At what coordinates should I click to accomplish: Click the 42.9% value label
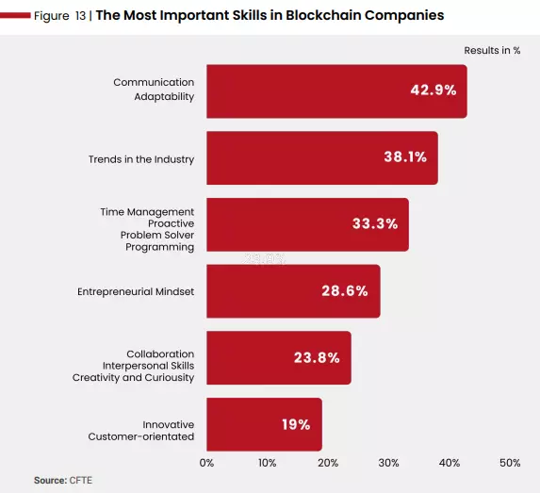[x=434, y=90]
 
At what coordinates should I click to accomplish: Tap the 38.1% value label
[x=405, y=157]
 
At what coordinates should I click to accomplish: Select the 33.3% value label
[x=375, y=223]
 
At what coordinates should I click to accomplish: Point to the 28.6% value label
[x=345, y=290]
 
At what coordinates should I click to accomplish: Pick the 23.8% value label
[x=317, y=357]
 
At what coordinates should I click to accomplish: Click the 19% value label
[x=296, y=424]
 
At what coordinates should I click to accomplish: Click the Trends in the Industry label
[x=141, y=159]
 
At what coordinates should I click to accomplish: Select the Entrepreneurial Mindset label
[x=136, y=292]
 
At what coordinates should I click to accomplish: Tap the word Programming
[x=160, y=247]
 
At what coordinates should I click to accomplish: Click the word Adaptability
[x=164, y=97]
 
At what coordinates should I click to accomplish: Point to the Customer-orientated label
[x=141, y=436]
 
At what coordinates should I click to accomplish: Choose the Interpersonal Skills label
[x=149, y=366]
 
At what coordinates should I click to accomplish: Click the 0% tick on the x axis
[x=206, y=463]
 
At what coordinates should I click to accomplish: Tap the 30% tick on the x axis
[x=388, y=463]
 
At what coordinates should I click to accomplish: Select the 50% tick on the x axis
[x=510, y=463]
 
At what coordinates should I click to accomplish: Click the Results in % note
[x=492, y=50]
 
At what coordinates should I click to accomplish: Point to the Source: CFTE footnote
[x=63, y=480]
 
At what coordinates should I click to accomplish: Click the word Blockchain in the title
[x=323, y=15]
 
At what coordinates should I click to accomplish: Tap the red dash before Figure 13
[x=15, y=15]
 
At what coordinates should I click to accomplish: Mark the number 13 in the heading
[x=81, y=16]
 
